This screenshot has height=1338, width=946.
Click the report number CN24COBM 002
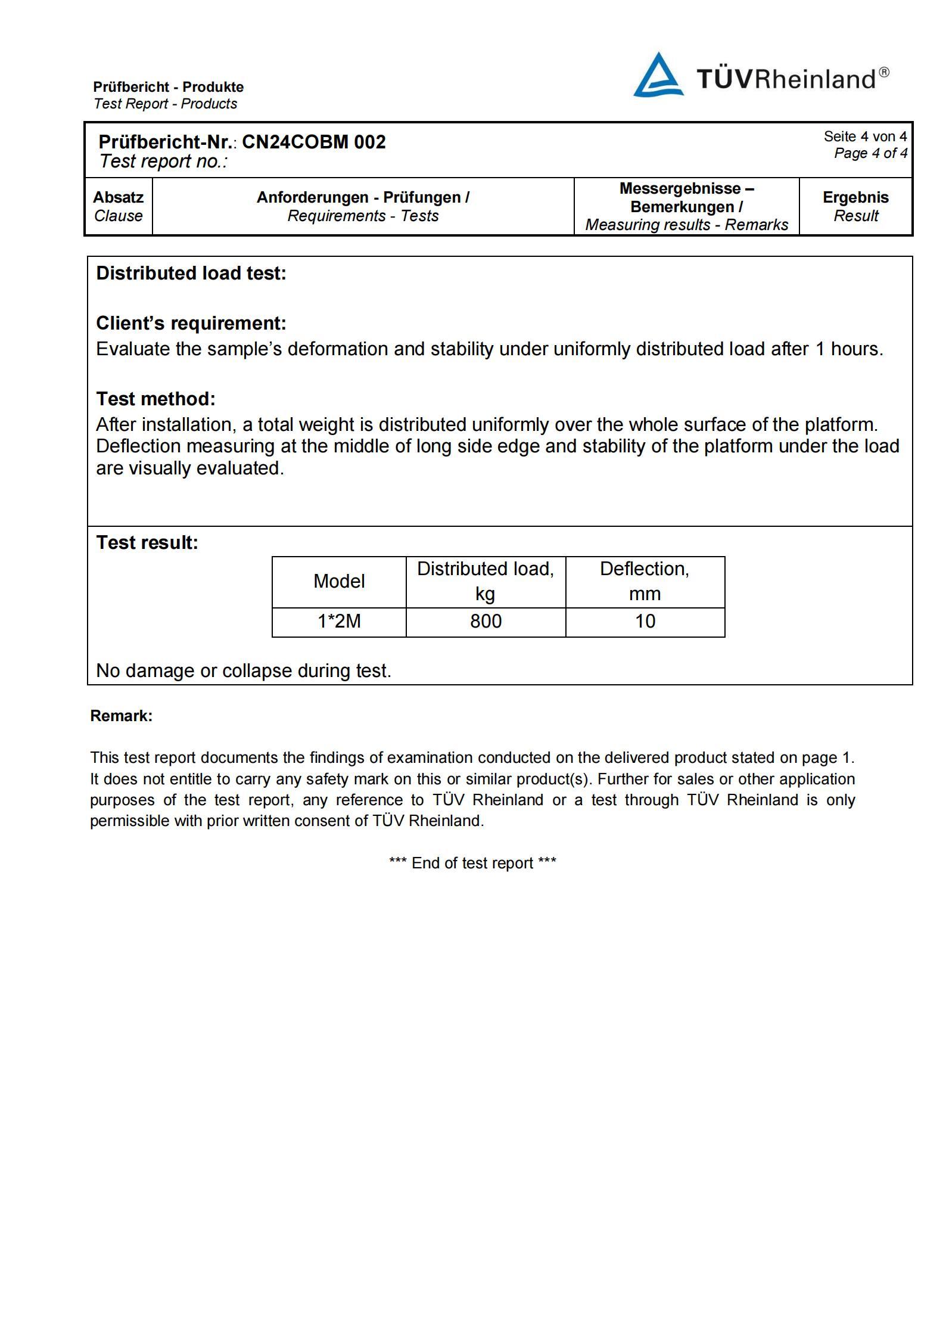313,142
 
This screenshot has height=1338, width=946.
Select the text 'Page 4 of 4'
870,153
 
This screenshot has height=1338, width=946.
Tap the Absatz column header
118,197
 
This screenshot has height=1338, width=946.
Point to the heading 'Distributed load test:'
191,273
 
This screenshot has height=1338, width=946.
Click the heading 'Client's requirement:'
191,323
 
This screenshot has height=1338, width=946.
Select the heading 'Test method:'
155,399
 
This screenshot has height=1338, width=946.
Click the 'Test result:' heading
147,542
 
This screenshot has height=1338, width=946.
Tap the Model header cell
339,581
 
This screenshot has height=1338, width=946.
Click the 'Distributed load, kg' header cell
485,581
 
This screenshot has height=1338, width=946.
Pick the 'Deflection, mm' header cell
645,581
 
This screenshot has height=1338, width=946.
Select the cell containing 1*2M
339,622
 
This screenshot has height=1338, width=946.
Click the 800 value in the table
486,622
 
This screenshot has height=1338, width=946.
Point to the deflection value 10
645,622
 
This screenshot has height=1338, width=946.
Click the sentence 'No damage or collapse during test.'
244,670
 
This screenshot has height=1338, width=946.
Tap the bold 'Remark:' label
122,716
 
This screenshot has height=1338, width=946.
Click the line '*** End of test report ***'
472,863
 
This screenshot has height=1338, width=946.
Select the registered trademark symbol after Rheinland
884,72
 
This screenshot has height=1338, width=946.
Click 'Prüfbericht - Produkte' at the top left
169,87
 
